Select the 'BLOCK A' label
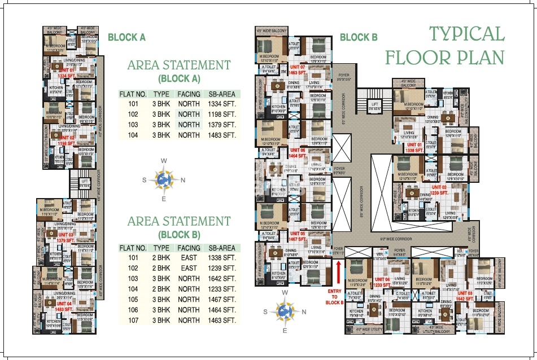point(126,37)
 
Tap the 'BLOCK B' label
point(358,37)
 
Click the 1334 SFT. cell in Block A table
point(222,104)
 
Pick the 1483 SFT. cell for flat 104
point(222,135)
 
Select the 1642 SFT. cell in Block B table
point(222,279)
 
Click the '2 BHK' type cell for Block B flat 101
point(161,258)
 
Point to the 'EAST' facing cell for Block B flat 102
point(189,269)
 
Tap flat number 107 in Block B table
point(133,320)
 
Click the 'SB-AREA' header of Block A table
point(222,94)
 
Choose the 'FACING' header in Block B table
point(189,248)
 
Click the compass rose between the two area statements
point(164,179)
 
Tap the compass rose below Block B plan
point(285,311)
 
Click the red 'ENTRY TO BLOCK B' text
point(335,297)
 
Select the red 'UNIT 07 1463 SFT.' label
point(298,70)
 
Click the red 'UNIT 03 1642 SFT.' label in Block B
point(465,296)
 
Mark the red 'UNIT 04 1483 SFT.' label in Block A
point(64,306)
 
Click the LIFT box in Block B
point(374,104)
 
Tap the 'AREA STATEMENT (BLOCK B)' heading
point(179,227)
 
